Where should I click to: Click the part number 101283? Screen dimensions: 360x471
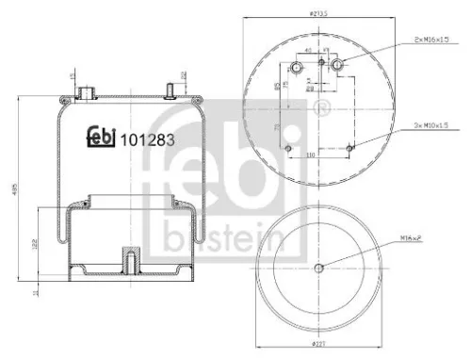click(x=146, y=138)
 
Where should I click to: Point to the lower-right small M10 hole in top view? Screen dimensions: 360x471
click(x=349, y=146)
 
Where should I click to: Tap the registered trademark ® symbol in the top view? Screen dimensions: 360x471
click(x=326, y=103)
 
